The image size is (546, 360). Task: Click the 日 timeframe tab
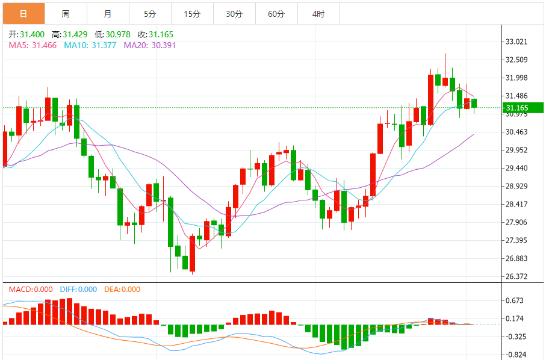point(23,14)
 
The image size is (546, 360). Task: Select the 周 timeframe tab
point(66,14)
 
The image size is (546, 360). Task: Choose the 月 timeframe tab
point(107,14)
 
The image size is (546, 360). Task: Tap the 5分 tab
point(150,14)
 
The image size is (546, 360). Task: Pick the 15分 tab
point(192,14)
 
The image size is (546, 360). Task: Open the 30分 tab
point(234,14)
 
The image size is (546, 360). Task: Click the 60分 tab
point(276,14)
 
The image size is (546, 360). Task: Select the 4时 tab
point(318,14)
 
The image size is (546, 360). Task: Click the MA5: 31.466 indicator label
point(32,45)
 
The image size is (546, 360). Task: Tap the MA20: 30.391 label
point(149,45)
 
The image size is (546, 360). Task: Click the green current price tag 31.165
point(523,108)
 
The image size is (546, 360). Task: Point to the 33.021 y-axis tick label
point(517,42)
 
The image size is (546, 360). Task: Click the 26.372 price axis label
point(517,277)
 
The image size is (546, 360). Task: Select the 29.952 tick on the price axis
point(517,151)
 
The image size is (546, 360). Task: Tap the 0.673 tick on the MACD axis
point(515,301)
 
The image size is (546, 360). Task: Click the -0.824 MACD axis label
point(515,355)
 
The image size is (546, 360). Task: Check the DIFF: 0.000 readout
point(78,290)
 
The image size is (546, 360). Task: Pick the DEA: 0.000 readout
point(122,290)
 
